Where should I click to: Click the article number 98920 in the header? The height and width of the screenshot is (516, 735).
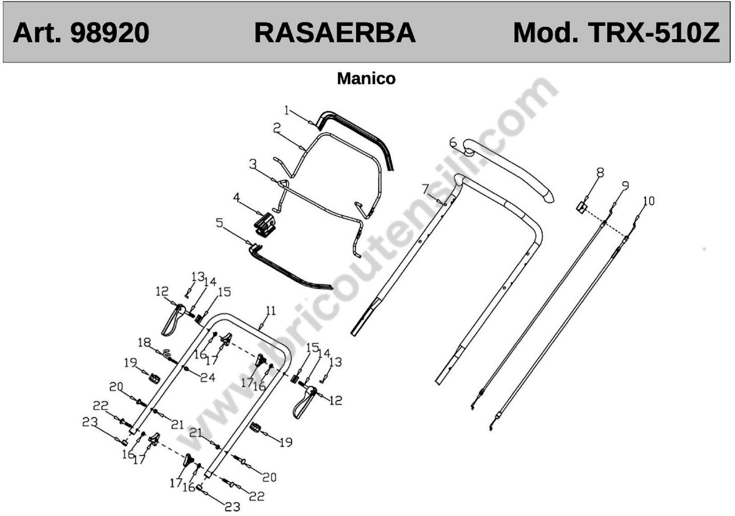click(x=110, y=33)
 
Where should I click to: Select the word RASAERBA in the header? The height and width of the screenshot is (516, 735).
click(x=335, y=33)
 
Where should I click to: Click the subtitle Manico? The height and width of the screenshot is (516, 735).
click(x=366, y=79)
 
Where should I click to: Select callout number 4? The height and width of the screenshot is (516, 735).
click(x=236, y=197)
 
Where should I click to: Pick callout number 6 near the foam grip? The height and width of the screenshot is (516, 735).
click(x=453, y=142)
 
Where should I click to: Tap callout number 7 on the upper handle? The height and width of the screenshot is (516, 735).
click(x=425, y=189)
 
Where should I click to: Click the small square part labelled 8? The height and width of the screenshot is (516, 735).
click(x=582, y=208)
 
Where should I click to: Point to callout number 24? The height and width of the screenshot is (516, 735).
click(x=208, y=378)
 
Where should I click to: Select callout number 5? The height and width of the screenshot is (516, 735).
click(x=219, y=223)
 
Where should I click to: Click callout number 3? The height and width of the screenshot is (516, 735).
click(x=253, y=164)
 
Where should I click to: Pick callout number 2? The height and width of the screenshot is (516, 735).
click(x=277, y=128)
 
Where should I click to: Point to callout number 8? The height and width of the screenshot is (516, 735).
click(x=600, y=173)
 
